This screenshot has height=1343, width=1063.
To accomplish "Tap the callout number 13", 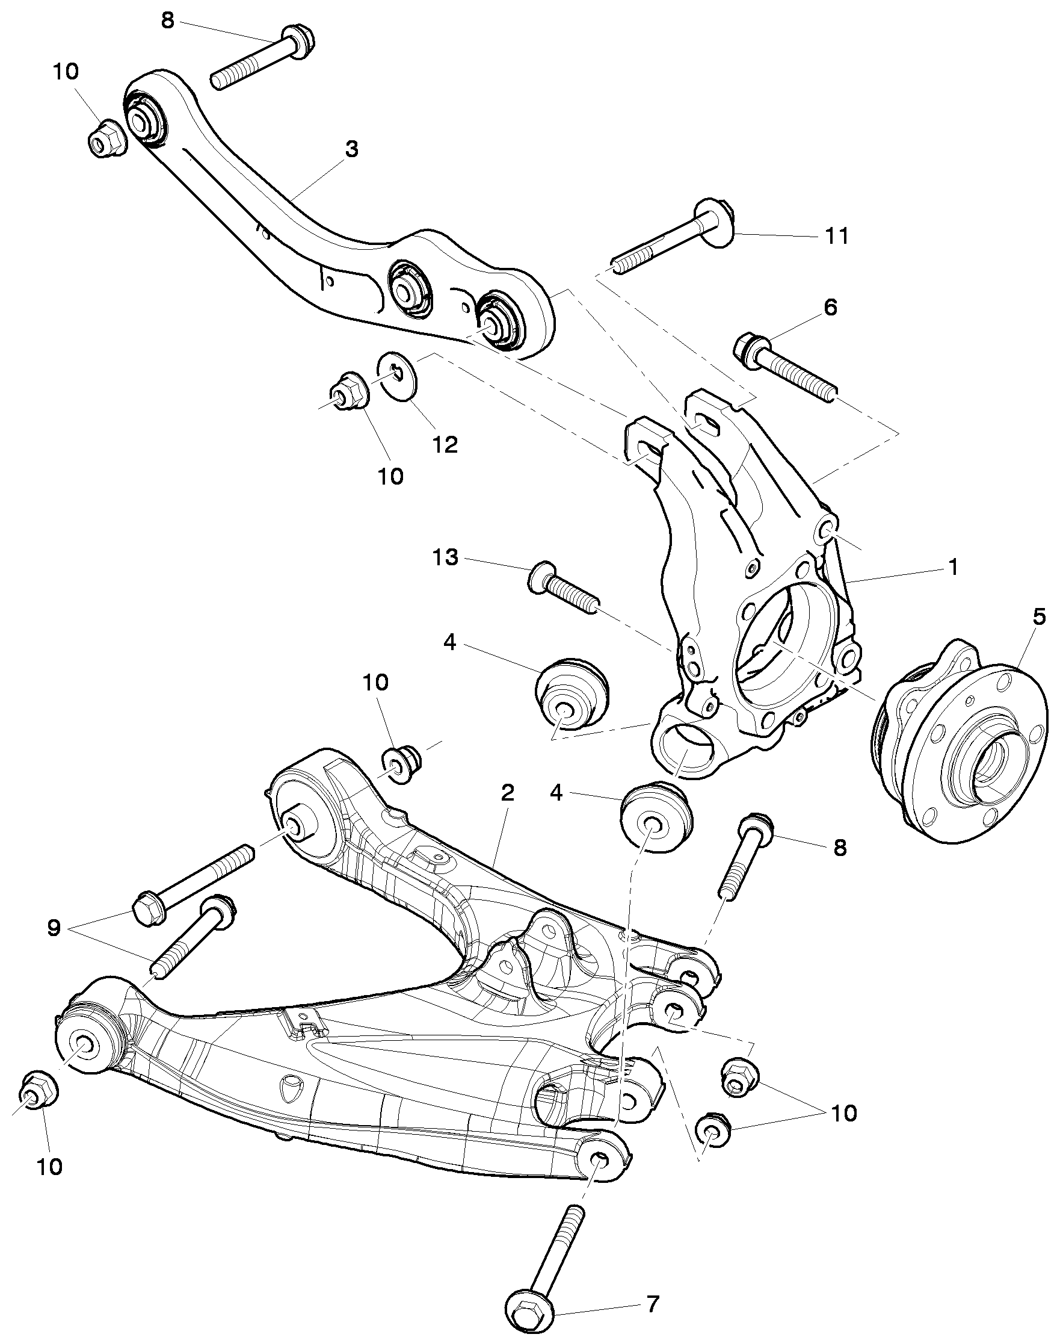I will tap(445, 557).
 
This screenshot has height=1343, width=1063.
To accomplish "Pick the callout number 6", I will tap(830, 307).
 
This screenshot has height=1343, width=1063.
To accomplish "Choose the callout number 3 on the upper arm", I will tap(352, 149).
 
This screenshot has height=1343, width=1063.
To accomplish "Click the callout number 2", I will tap(507, 793).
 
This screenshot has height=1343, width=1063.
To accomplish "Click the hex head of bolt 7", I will tap(529, 1312).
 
